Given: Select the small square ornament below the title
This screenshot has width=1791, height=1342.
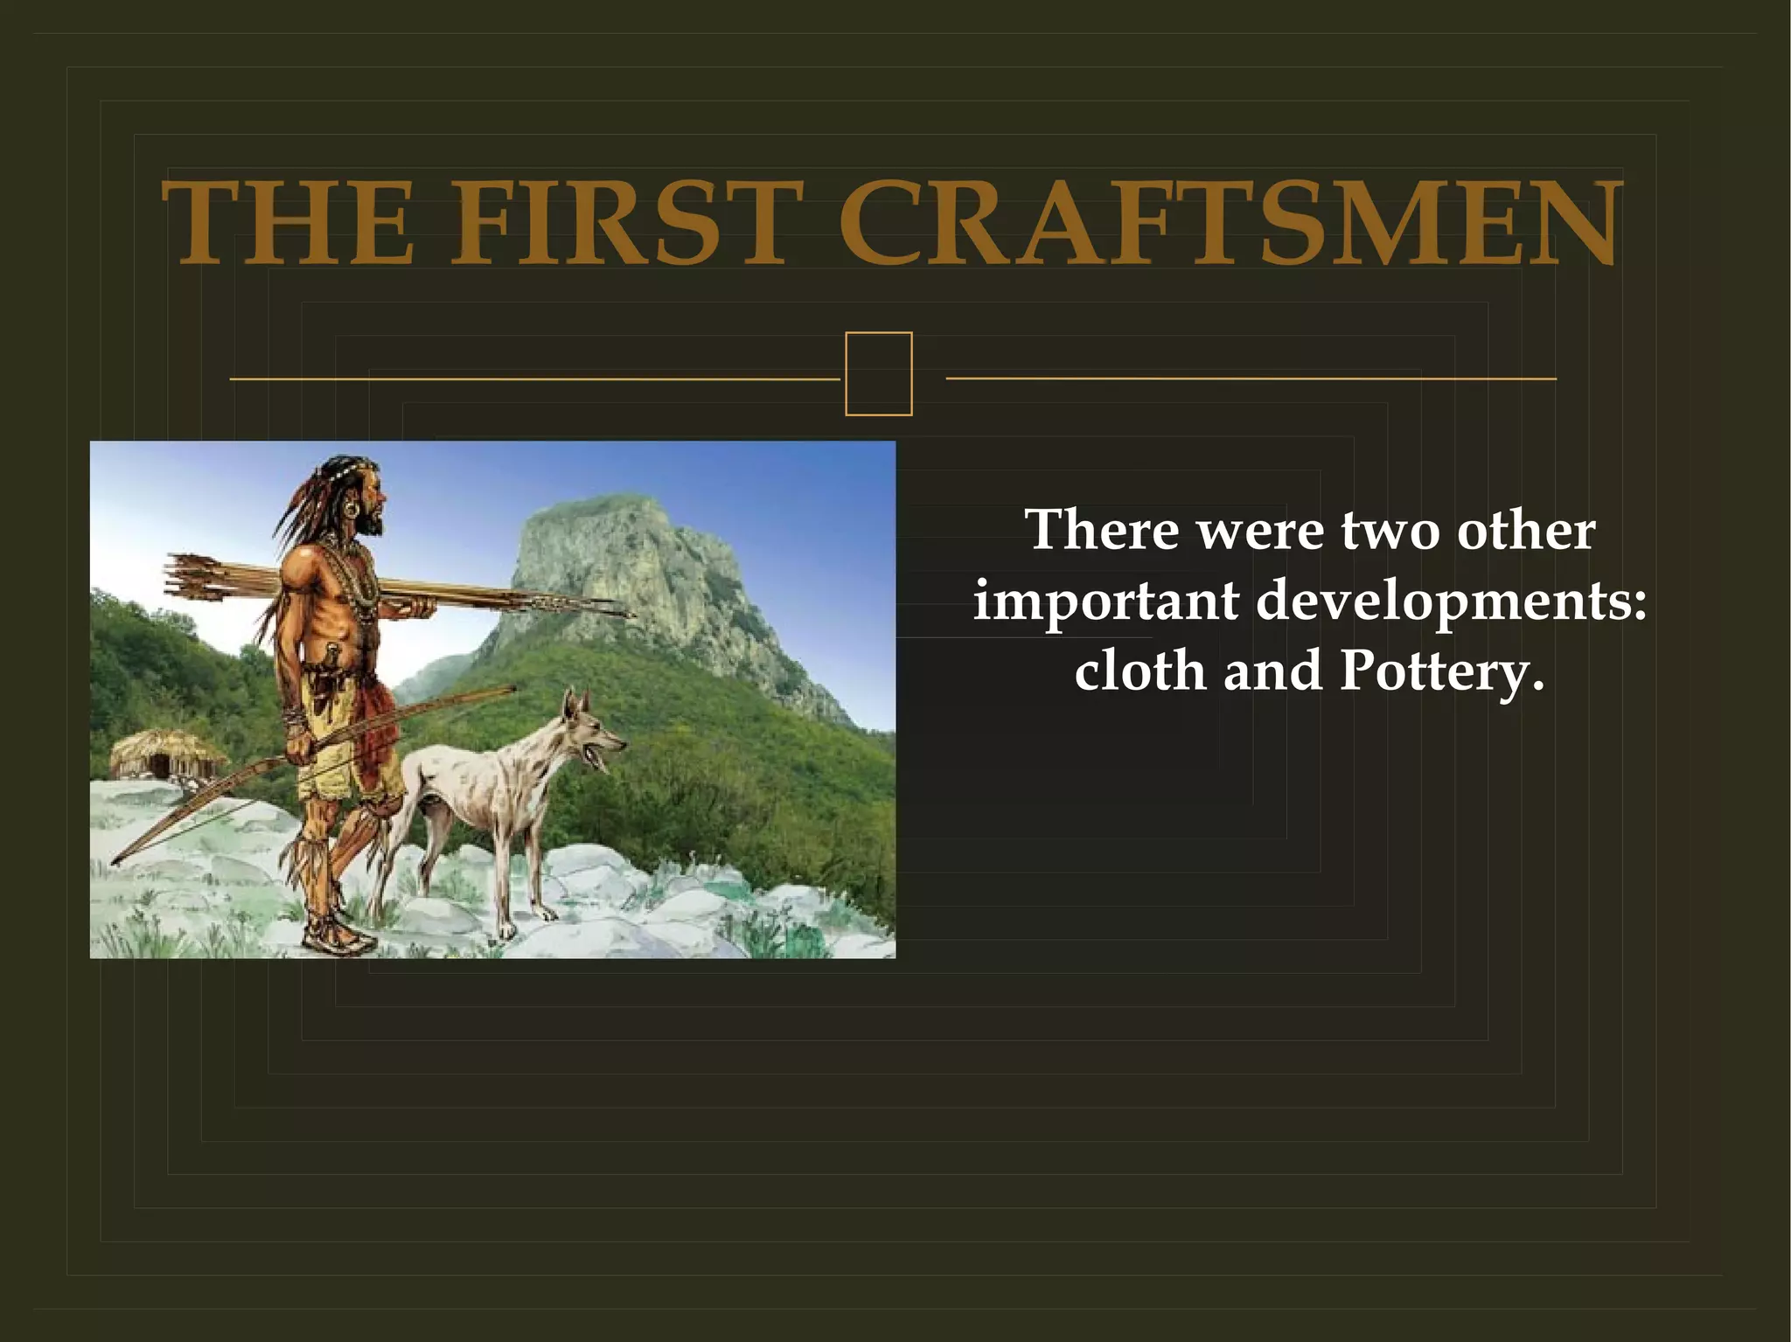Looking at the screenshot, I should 878,373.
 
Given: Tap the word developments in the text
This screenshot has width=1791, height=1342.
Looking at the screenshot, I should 1452,601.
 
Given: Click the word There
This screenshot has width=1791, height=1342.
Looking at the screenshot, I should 1102,530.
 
